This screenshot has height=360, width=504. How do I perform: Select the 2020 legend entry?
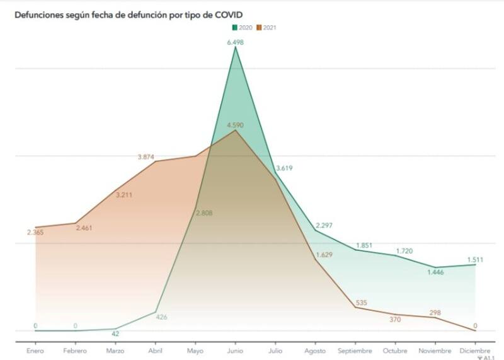(x=244, y=27)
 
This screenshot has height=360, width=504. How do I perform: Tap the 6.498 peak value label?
(x=236, y=42)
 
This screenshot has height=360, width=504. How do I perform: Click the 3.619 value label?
(x=283, y=168)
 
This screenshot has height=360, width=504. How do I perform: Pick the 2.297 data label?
(x=324, y=225)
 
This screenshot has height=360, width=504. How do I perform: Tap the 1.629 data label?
(x=324, y=255)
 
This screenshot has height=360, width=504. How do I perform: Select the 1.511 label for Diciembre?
(x=476, y=258)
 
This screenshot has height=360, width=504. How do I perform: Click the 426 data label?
(x=161, y=317)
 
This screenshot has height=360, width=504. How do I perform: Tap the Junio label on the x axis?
(x=236, y=351)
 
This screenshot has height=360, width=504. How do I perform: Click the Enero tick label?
(x=35, y=351)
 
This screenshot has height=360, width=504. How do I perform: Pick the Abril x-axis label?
(x=156, y=351)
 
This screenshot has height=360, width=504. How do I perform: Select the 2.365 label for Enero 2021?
(x=35, y=233)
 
